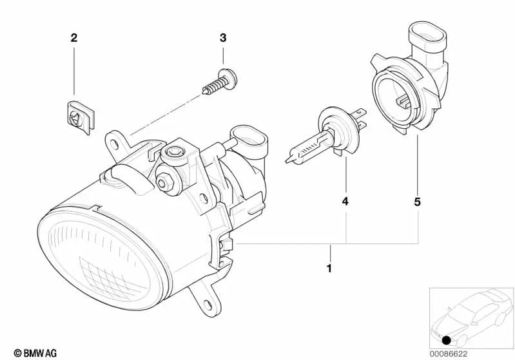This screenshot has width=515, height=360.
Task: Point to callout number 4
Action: click(x=345, y=202)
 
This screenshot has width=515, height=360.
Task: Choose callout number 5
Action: click(x=417, y=202)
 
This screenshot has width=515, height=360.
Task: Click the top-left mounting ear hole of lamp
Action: click(x=113, y=138)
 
